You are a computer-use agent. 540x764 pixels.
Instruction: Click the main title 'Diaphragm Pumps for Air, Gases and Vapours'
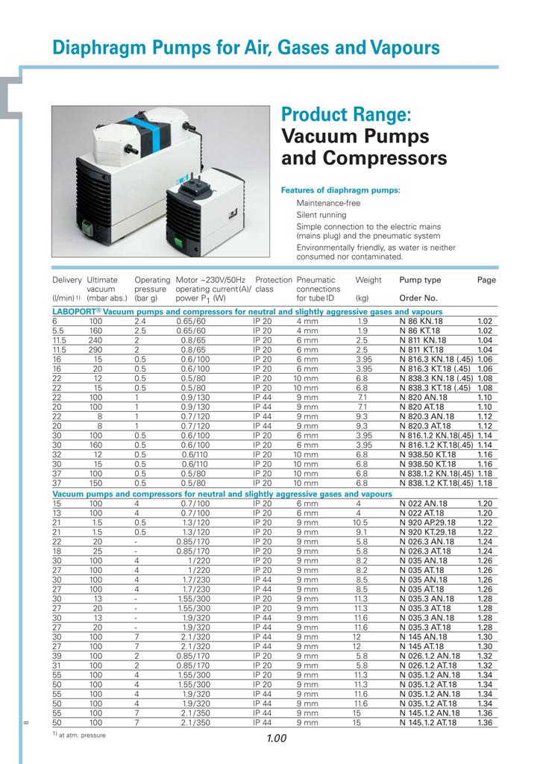click(246, 48)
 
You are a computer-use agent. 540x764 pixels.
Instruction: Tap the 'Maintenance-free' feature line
click(328, 204)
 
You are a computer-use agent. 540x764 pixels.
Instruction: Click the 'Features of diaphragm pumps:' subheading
click(340, 190)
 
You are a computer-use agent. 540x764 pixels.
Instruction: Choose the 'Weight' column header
click(368, 281)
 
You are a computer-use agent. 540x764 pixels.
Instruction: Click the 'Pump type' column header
click(420, 281)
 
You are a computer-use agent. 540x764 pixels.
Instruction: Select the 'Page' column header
click(486, 281)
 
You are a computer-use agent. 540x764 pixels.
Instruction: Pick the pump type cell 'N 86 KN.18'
click(423, 320)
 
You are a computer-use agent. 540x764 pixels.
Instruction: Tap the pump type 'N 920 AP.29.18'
click(429, 523)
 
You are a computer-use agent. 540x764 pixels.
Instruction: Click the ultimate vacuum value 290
click(96, 349)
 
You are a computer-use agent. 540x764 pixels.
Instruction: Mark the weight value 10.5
click(362, 523)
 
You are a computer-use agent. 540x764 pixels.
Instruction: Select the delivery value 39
click(57, 654)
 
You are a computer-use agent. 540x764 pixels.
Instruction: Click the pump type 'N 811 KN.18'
click(423, 339)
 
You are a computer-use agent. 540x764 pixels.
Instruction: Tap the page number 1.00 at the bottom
click(276, 739)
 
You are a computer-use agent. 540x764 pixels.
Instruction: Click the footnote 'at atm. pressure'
click(84, 735)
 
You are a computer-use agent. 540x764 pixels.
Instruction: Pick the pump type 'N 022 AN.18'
click(423, 504)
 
